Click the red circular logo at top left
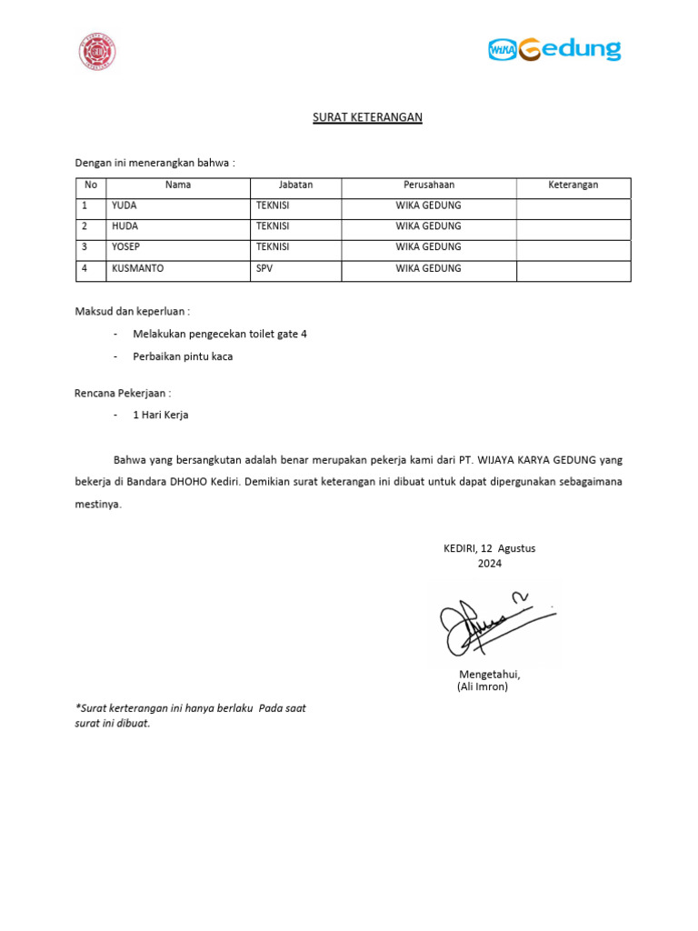click(x=97, y=52)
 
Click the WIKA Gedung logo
click(x=554, y=49)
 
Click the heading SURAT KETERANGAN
click(x=367, y=117)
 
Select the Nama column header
click(x=178, y=185)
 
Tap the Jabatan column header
click(x=295, y=185)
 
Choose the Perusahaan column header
click(x=428, y=185)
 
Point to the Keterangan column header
click(x=573, y=185)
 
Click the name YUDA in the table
click(x=125, y=205)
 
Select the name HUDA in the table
click(x=125, y=226)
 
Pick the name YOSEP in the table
click(x=126, y=247)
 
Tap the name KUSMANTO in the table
click(x=138, y=269)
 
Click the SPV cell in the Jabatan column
click(x=264, y=269)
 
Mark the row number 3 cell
click(x=85, y=247)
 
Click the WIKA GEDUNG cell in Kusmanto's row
click(x=428, y=269)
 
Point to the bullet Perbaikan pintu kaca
click(x=183, y=356)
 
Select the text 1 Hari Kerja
click(x=160, y=415)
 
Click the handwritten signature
click(x=491, y=625)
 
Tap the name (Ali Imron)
click(x=483, y=687)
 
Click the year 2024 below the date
click(x=489, y=564)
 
